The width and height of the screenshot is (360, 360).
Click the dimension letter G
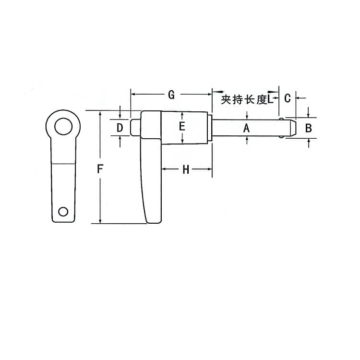click(x=171, y=95)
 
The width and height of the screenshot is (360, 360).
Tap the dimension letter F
click(x=100, y=169)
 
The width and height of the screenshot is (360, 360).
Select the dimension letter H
click(x=186, y=169)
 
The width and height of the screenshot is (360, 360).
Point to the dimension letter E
click(x=182, y=127)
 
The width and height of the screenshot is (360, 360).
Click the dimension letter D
click(x=120, y=128)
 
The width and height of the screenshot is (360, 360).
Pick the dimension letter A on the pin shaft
click(x=246, y=128)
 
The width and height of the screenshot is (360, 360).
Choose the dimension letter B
click(x=309, y=128)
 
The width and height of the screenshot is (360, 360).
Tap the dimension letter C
click(x=287, y=98)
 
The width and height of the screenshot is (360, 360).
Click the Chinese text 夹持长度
click(x=244, y=100)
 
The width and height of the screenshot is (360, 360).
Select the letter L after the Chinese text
click(x=270, y=99)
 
